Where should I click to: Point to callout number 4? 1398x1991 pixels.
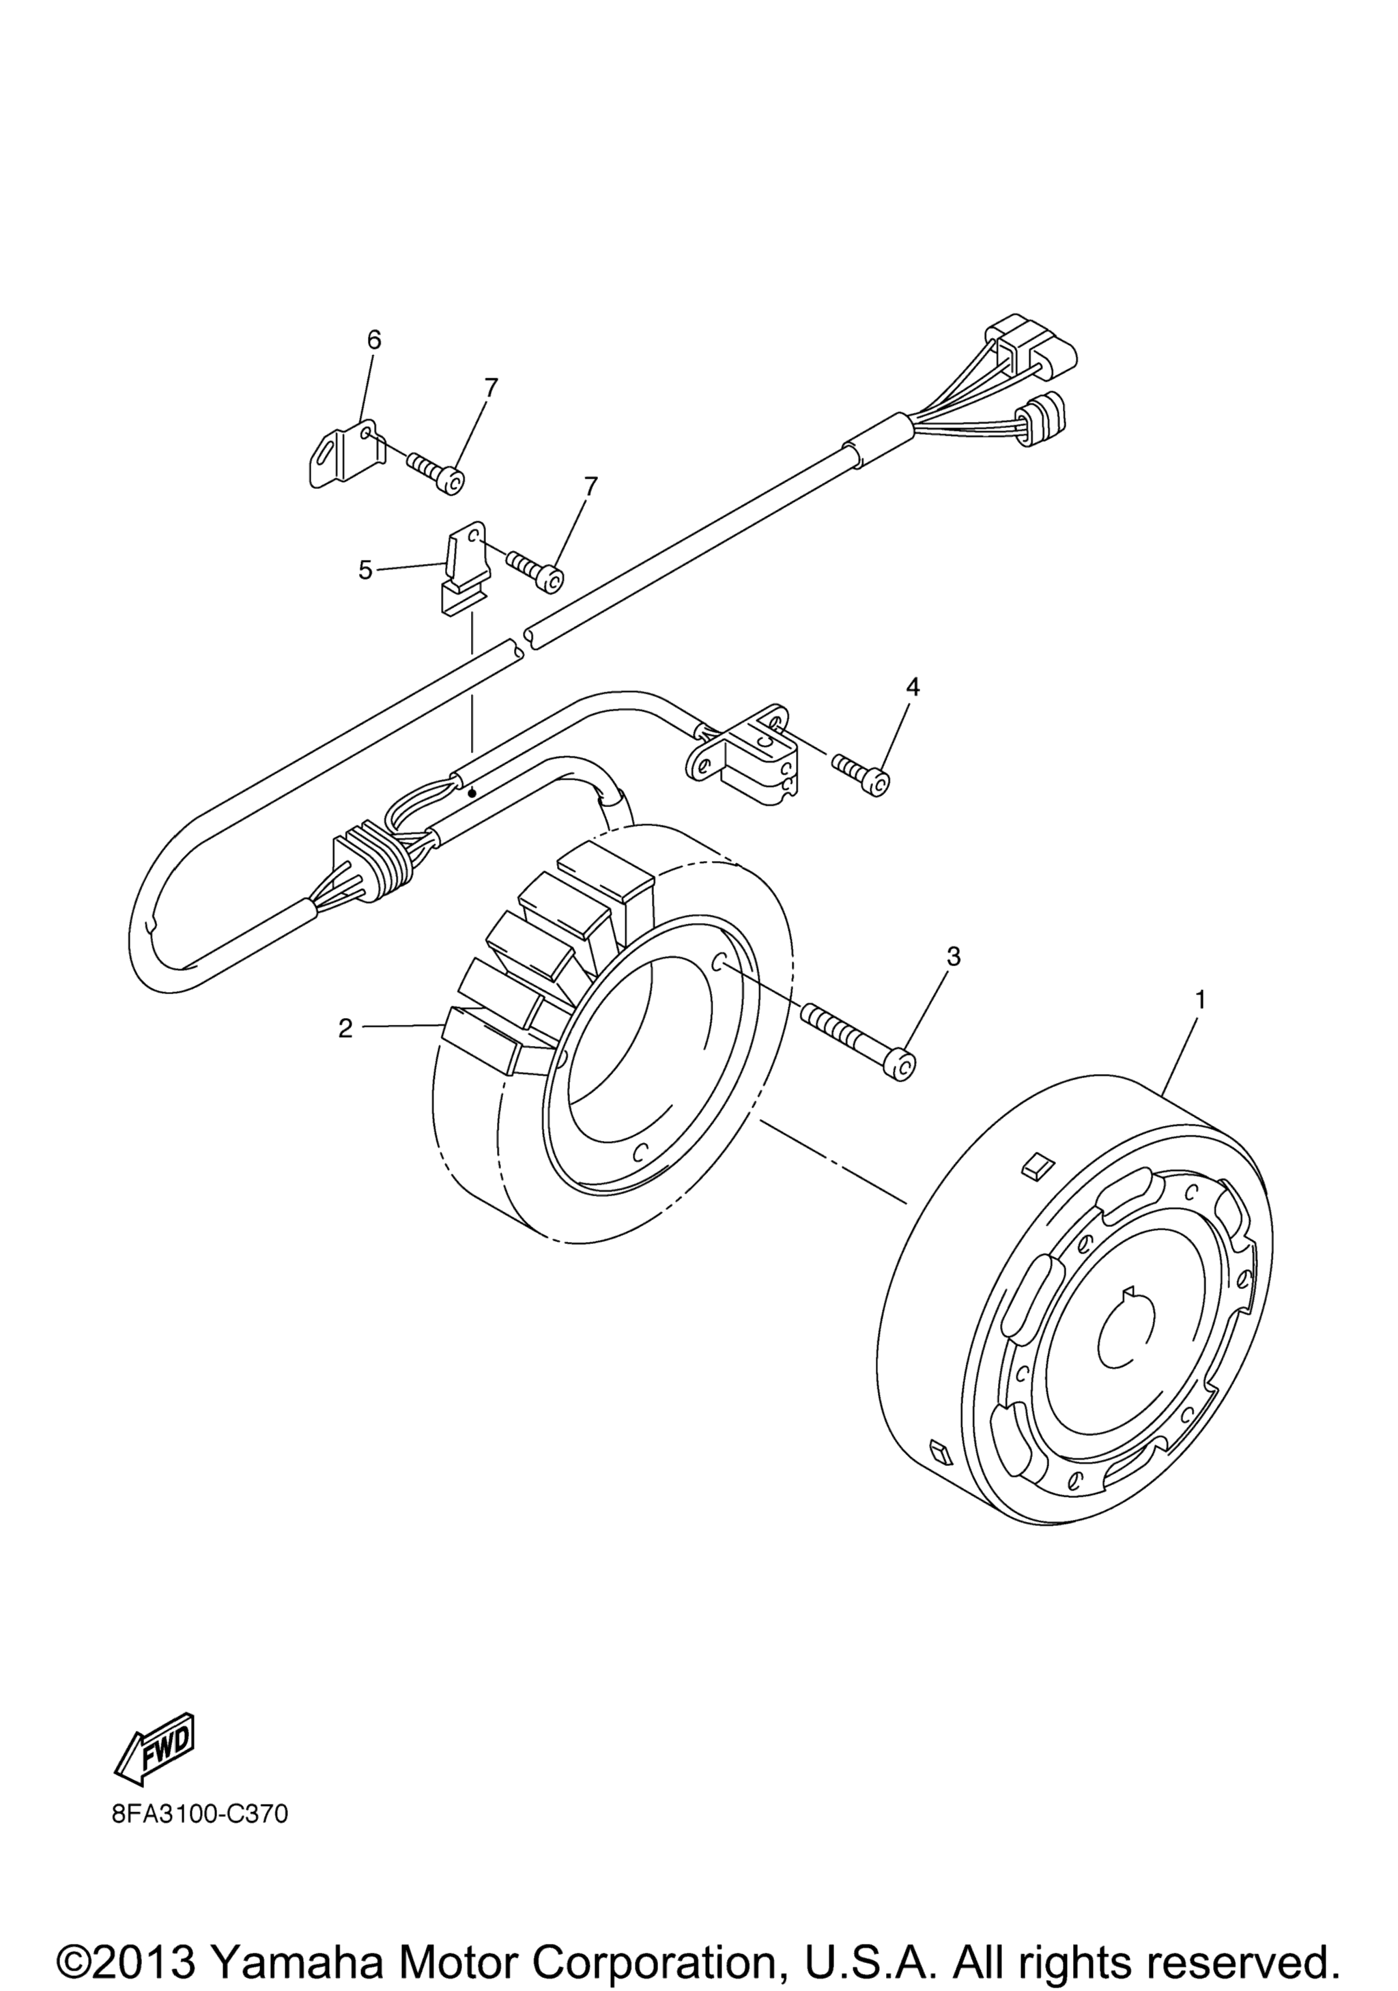pos(912,688)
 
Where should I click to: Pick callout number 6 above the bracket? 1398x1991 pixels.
pos(373,340)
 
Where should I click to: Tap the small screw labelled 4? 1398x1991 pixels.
pos(861,774)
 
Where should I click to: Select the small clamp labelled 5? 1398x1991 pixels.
pos(466,568)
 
